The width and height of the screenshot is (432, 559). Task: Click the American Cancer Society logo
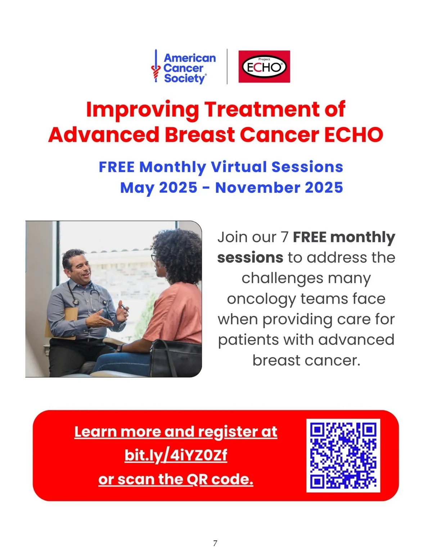coord(184,66)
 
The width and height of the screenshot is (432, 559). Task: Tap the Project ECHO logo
coord(264,66)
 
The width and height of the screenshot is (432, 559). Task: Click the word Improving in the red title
coord(142,109)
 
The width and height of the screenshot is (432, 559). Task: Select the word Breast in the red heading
coord(200,135)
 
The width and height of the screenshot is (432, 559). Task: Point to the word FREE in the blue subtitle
coord(117,167)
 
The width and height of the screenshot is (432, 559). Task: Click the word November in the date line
coord(258,188)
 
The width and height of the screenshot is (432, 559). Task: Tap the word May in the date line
coord(137,188)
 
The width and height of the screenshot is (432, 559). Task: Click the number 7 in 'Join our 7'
coord(284,237)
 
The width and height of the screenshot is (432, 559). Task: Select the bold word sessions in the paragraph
coord(250,257)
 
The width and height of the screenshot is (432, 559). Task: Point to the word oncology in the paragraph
coord(261,299)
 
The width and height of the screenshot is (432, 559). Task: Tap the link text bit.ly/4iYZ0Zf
coord(176,456)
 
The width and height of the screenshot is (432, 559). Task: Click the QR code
coord(343,455)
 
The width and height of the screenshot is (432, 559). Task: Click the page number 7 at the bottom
coord(215,543)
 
